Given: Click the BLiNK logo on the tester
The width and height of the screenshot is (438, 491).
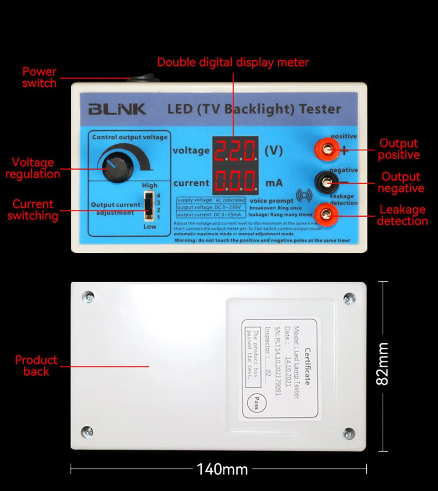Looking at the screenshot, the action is (117, 109).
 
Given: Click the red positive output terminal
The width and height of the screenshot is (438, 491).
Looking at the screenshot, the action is (327, 149).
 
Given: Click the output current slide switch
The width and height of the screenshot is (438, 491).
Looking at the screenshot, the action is (148, 206).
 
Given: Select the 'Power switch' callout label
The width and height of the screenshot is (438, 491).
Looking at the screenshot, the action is (39, 78).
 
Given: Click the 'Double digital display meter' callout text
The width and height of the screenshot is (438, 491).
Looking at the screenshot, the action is (233, 63).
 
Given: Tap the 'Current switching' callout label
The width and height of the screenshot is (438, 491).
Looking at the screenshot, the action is (32, 210).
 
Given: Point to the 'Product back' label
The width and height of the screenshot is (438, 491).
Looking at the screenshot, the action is (36, 366).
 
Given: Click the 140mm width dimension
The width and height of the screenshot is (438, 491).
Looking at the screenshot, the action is (222, 469).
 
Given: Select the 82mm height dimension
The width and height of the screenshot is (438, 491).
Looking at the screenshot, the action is (382, 364).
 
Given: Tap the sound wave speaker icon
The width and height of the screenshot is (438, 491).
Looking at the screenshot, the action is (305, 195).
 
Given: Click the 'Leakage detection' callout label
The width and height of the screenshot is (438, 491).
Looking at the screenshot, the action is (402, 215).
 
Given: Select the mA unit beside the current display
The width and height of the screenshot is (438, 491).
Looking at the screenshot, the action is (274, 183).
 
